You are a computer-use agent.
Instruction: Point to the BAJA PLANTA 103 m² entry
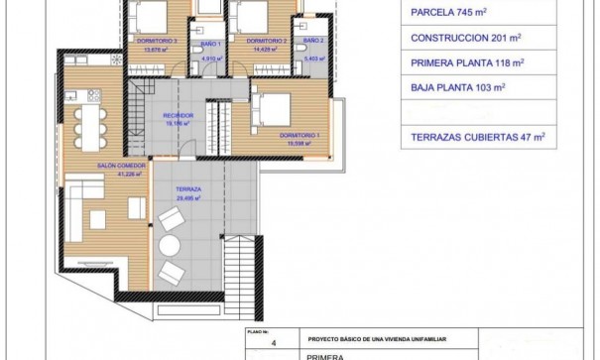click(x=457, y=87)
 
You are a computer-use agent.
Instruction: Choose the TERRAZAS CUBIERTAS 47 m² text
click(x=472, y=137)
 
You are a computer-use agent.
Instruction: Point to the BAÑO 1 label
click(x=209, y=46)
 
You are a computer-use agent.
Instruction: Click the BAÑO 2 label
click(x=312, y=41)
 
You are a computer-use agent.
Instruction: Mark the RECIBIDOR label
click(x=179, y=116)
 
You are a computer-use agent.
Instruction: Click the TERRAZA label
click(x=188, y=187)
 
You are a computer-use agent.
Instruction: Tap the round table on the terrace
click(x=172, y=245)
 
